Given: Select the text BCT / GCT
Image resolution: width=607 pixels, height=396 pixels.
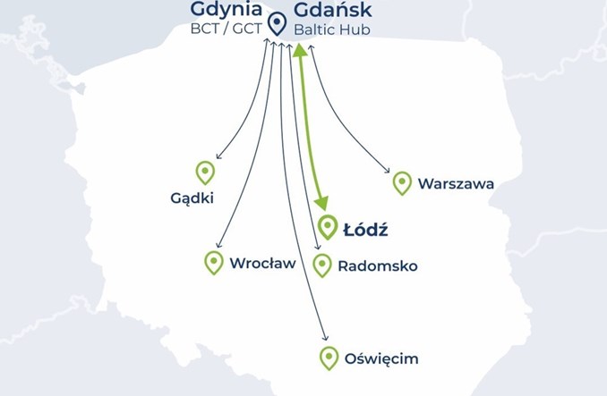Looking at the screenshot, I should click(227, 29).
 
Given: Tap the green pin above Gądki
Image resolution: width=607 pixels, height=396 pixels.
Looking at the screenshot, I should click(205, 172).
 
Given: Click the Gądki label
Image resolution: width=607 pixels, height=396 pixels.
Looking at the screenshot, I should click(192, 198).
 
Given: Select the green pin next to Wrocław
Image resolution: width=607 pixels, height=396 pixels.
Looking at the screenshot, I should click(213, 262).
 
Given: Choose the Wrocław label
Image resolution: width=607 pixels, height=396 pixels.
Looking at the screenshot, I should click(262, 264).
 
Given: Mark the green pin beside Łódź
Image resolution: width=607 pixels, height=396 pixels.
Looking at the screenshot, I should click(327, 227).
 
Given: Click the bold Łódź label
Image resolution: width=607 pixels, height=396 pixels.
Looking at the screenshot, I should click(365, 230).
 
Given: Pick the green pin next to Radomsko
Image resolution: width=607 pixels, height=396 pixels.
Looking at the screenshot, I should click(322, 265).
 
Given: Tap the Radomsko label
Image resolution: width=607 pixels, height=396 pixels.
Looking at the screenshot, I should click(377, 266).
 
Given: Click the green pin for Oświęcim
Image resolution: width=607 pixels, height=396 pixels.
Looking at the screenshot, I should click(329, 358).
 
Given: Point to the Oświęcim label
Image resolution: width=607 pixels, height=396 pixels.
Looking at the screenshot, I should click(381, 360).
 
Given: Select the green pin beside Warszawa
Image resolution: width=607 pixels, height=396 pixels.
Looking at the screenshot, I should click(402, 182).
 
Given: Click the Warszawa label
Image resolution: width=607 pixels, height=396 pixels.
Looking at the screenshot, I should click(456, 185).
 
